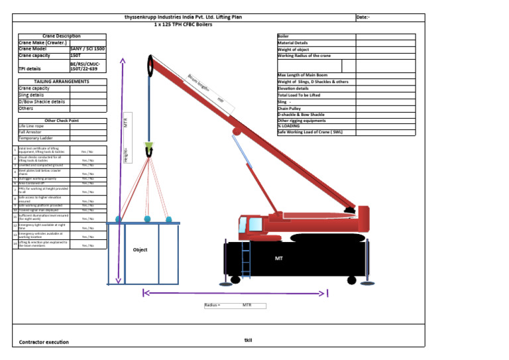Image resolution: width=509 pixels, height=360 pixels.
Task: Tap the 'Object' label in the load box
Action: [x=140, y=250]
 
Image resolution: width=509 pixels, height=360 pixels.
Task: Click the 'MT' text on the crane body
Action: [x=279, y=257]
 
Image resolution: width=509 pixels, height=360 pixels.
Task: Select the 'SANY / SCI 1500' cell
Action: [x=87, y=49]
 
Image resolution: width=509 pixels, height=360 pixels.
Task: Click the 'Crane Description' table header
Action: [x=61, y=36]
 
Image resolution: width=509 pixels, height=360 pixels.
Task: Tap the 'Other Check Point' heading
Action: [x=61, y=121]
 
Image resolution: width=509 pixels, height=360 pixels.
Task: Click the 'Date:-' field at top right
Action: [x=363, y=17]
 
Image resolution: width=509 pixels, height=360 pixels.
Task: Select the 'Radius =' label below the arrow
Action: [x=213, y=306]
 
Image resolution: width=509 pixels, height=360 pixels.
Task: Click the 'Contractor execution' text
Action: [x=44, y=342]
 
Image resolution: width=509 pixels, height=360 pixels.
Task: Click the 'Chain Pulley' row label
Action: [x=290, y=109]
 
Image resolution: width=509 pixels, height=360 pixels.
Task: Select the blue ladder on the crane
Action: [x=247, y=261]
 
